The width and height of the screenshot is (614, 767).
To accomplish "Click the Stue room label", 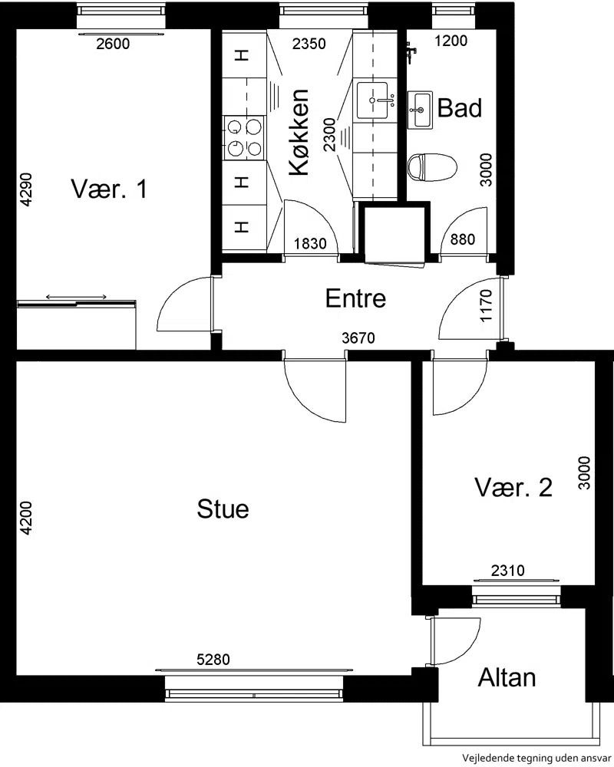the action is [x=223, y=509].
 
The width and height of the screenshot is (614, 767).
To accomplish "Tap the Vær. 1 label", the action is [x=109, y=189].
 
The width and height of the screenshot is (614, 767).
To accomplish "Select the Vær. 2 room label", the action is [x=513, y=487].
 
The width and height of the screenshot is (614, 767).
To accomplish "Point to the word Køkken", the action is [x=299, y=132].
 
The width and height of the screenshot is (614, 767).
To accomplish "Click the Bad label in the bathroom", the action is [x=459, y=107].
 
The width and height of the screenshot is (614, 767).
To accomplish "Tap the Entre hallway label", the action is [x=355, y=298].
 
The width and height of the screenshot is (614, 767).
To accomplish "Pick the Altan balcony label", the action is [x=507, y=677].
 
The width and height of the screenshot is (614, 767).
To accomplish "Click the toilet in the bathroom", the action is [x=432, y=166].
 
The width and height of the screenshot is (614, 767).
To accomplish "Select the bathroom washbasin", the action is [x=420, y=110].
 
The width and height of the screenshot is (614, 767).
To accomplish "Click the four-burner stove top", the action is [x=244, y=137].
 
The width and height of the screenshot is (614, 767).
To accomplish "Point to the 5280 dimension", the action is [x=213, y=660].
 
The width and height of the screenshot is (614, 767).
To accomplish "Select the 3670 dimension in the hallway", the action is [x=358, y=337].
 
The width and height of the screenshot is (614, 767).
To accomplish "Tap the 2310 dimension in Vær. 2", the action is [x=508, y=571].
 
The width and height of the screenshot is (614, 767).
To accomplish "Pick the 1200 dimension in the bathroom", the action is [x=451, y=41].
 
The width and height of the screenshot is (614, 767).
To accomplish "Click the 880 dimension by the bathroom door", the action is [x=463, y=239].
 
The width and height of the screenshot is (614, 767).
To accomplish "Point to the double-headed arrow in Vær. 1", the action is [x=77, y=297].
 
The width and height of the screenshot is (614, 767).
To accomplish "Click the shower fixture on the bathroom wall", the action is [x=411, y=51].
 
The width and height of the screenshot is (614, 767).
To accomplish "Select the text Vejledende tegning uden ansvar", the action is [x=536, y=759].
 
